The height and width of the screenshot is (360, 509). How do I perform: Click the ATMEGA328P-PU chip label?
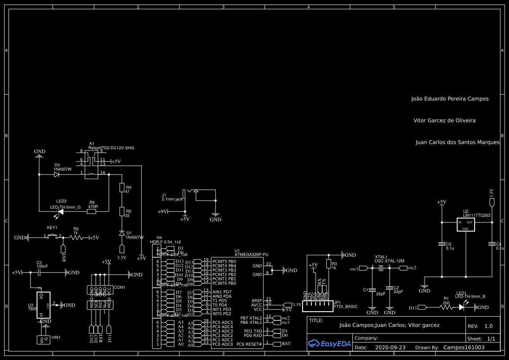(x=251, y=255)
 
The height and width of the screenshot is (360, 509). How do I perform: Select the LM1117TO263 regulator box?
(x=465, y=225)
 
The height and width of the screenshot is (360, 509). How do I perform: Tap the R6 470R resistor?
(x=91, y=212)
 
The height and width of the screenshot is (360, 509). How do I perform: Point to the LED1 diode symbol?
(x=462, y=307)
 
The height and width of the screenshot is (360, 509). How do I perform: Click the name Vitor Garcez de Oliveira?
(x=444, y=121)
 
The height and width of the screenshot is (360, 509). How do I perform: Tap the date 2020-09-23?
(x=390, y=348)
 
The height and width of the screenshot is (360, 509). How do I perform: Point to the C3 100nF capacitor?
(x=39, y=273)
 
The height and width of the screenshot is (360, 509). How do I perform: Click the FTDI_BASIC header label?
(x=346, y=306)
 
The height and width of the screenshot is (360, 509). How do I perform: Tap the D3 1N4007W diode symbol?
(x=57, y=174)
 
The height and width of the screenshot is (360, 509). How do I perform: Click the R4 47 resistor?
(x=122, y=188)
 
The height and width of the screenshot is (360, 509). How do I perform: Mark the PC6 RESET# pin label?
(x=249, y=344)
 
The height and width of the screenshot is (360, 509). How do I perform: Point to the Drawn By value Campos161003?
(x=464, y=348)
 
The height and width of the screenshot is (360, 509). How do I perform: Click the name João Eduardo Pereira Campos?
(x=450, y=99)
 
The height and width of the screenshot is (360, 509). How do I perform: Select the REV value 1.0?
(x=489, y=326)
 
